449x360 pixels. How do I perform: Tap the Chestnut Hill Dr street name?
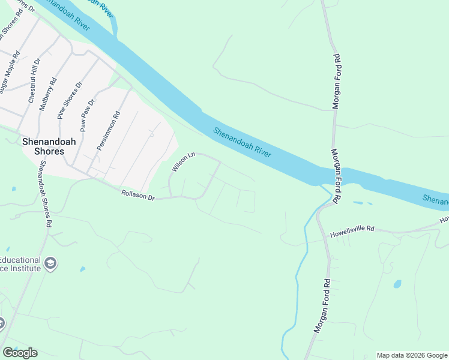click(x=34, y=81)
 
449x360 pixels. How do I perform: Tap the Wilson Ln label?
click(x=184, y=163)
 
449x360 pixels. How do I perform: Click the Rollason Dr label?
click(x=138, y=195)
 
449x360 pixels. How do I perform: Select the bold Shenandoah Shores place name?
click(x=43, y=147)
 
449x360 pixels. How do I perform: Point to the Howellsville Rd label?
click(x=352, y=229)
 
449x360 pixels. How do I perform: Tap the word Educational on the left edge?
click(x=20, y=260)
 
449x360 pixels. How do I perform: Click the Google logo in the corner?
click(x=20, y=353)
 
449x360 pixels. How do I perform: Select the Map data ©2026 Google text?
click(x=412, y=355)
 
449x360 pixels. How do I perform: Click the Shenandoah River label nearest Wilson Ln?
click(x=243, y=143)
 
